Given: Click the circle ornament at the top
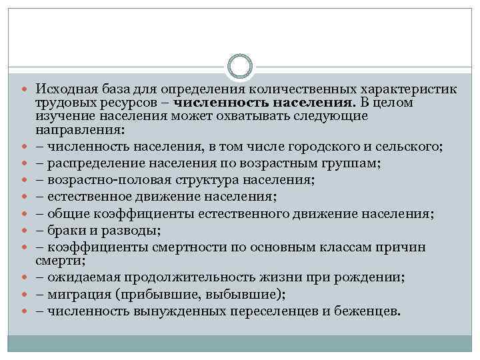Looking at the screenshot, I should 240,67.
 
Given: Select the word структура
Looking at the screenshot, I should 188,180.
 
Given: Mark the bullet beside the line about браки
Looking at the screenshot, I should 28,231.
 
